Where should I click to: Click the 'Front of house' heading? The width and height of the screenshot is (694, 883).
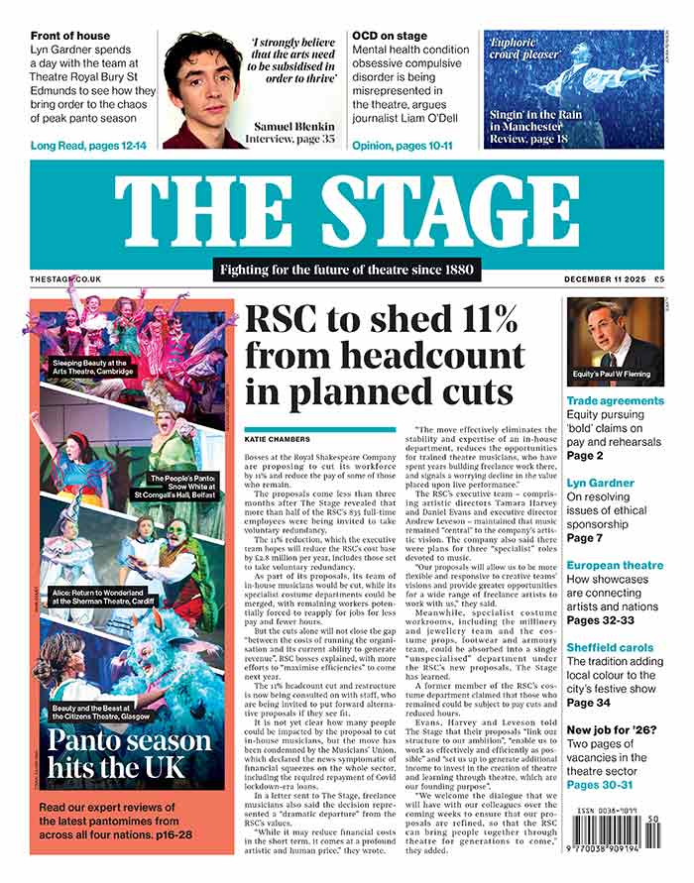pyautogui.click(x=70, y=37)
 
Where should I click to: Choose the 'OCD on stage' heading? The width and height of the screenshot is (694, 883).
pyautogui.click(x=390, y=37)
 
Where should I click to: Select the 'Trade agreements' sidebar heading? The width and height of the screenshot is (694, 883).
pyautogui.click(x=615, y=400)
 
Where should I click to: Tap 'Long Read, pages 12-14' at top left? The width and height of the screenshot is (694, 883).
pyautogui.click(x=88, y=146)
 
